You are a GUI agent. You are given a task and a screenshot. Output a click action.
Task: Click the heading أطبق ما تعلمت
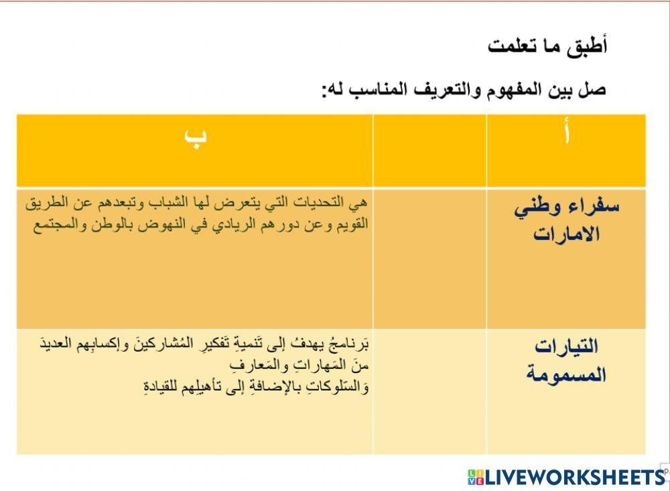click(x=547, y=46)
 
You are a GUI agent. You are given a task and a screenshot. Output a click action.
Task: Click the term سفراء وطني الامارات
click(x=567, y=220)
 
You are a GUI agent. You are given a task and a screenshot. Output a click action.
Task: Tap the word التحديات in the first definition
click(x=322, y=202)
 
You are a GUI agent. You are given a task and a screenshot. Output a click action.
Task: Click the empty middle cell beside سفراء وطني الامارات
click(x=429, y=258)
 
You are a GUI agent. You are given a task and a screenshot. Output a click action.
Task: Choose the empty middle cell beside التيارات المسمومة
click(x=429, y=391)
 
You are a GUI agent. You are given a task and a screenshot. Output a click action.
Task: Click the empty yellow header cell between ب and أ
click(x=429, y=150)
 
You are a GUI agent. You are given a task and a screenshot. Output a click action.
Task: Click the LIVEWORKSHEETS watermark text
click(x=574, y=477)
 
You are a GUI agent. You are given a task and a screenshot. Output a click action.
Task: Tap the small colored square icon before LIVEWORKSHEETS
click(x=475, y=477)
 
